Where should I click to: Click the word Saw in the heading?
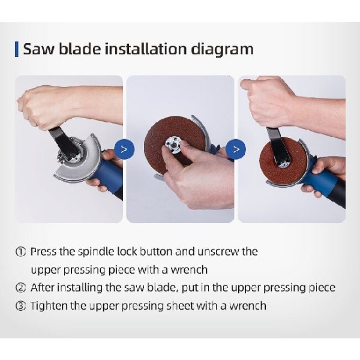coord(38,49)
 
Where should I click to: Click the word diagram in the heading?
coord(222,49)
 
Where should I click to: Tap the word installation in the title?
coord(146,49)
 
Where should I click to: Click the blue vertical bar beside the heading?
coord(17,49)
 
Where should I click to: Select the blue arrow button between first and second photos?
coord(124,149)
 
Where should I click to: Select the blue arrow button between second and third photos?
coord(236,149)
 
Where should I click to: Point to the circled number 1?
coord(20,252)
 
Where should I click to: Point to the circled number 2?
coord(20,287)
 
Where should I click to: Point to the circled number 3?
coord(20,306)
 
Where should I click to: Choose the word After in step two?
coord(42,287)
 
